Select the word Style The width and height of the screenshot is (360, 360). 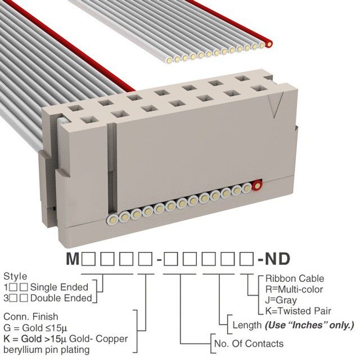15,277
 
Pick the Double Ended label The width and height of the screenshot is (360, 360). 57,297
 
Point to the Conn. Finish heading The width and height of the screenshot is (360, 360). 31,317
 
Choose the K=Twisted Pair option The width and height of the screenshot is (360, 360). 298,310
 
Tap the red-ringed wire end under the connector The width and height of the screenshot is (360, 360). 258,185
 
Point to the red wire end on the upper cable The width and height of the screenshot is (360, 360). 269,43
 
